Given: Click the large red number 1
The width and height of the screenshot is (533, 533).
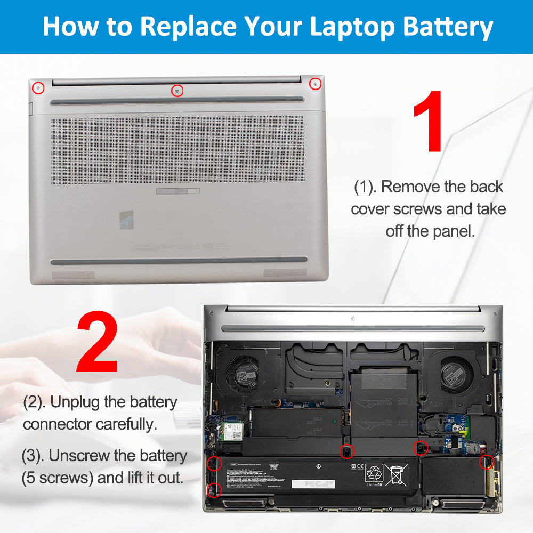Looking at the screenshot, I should click(428, 122).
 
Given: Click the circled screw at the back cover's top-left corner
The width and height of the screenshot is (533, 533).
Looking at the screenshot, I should click(38, 86).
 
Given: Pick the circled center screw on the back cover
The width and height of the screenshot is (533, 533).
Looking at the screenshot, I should click(177, 91).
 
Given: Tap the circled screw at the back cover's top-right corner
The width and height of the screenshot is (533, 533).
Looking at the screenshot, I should click(316, 84).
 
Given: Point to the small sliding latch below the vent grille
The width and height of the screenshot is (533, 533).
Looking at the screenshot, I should click(178, 191).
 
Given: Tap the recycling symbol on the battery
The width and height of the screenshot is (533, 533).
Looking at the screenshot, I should click(374, 473).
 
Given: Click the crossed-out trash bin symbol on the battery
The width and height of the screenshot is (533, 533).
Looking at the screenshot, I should click(395, 473).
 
